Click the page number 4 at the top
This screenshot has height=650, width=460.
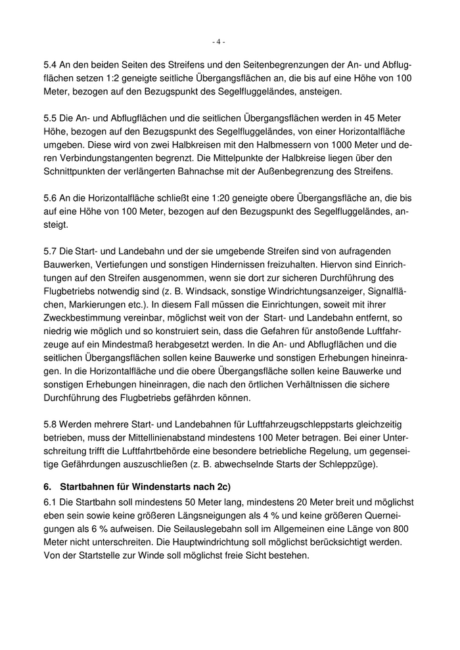click(x=219, y=42)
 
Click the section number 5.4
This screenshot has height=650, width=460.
click(x=50, y=66)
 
